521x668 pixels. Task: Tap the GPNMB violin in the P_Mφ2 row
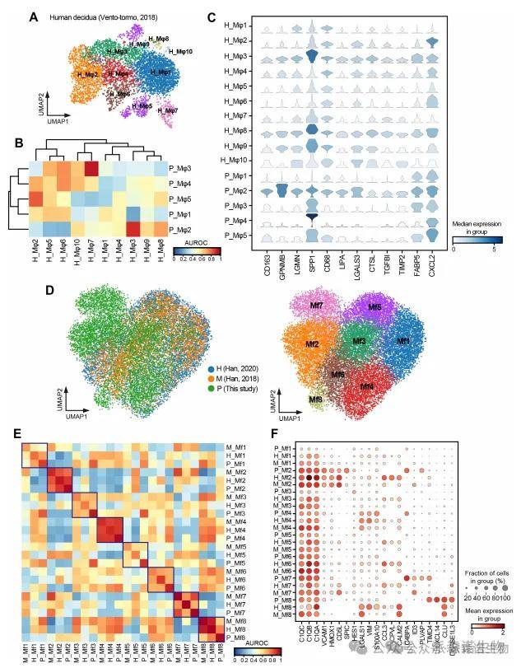(284, 192)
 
